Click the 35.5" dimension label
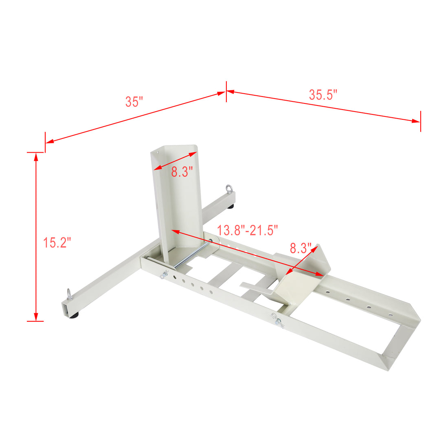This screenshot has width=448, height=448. coord(323,94)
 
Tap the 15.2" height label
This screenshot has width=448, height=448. coord(57,243)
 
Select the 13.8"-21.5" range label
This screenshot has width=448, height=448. coord(247,230)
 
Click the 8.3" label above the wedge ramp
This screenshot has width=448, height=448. coord(301,248)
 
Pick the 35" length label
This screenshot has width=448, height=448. coord(134,101)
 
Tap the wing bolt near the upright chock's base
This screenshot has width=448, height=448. coord(165,274)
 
